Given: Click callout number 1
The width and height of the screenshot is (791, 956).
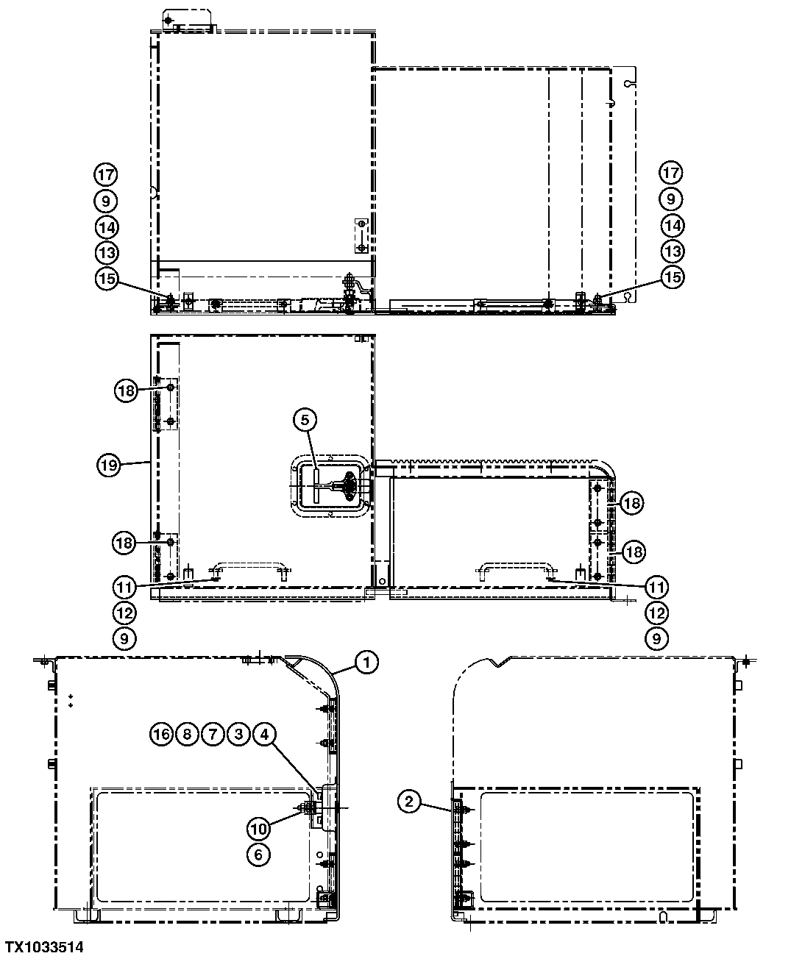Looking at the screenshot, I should pyautogui.click(x=366, y=663).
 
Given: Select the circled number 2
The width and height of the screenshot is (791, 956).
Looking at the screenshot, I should pyautogui.click(x=411, y=802).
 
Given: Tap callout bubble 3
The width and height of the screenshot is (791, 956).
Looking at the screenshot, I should pyautogui.click(x=238, y=734).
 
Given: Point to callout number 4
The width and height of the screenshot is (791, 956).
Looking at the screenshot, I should pyautogui.click(x=264, y=734).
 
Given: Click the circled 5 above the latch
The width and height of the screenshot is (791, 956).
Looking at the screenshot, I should pyautogui.click(x=305, y=420).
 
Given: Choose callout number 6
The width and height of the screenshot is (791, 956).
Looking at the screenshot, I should pyautogui.click(x=258, y=854).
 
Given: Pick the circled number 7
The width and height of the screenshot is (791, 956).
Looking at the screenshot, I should pyautogui.click(x=213, y=734).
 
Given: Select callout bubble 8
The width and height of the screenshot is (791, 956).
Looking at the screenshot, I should pyautogui.click(x=187, y=734).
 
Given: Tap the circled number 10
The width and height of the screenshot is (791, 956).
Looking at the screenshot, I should pyautogui.click(x=258, y=828).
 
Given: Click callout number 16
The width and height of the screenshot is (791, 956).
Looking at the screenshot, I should pyautogui.click(x=161, y=734).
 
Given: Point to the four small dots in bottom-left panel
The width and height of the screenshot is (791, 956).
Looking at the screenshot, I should pyautogui.click(x=71, y=700).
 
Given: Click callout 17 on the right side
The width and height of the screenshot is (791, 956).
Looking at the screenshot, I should pyautogui.click(x=670, y=174).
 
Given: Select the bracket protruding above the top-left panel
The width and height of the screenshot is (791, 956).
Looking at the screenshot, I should pyautogui.click(x=187, y=20).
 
